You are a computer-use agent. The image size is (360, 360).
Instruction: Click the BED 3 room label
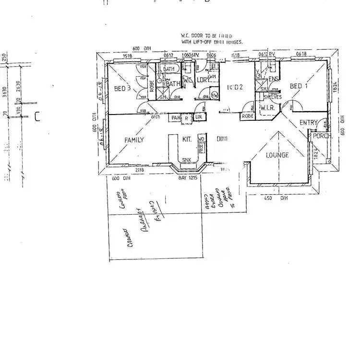point(122,88)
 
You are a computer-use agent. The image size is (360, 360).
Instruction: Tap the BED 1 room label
point(299,86)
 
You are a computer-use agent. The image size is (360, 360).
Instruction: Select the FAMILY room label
point(134,140)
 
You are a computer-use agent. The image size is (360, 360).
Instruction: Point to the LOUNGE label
point(277,155)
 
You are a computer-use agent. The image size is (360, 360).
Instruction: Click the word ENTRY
point(308,123)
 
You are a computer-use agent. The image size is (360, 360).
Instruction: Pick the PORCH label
point(320,136)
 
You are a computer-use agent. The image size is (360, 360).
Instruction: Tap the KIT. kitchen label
point(187,139)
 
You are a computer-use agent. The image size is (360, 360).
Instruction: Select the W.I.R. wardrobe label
point(267,108)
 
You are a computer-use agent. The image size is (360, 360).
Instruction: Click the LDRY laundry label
point(203,80)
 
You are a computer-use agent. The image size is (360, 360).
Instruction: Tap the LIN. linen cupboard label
point(199,117)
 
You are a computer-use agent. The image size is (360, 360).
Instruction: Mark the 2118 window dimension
point(140,170)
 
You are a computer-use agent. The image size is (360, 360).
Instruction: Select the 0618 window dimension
point(301,54)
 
